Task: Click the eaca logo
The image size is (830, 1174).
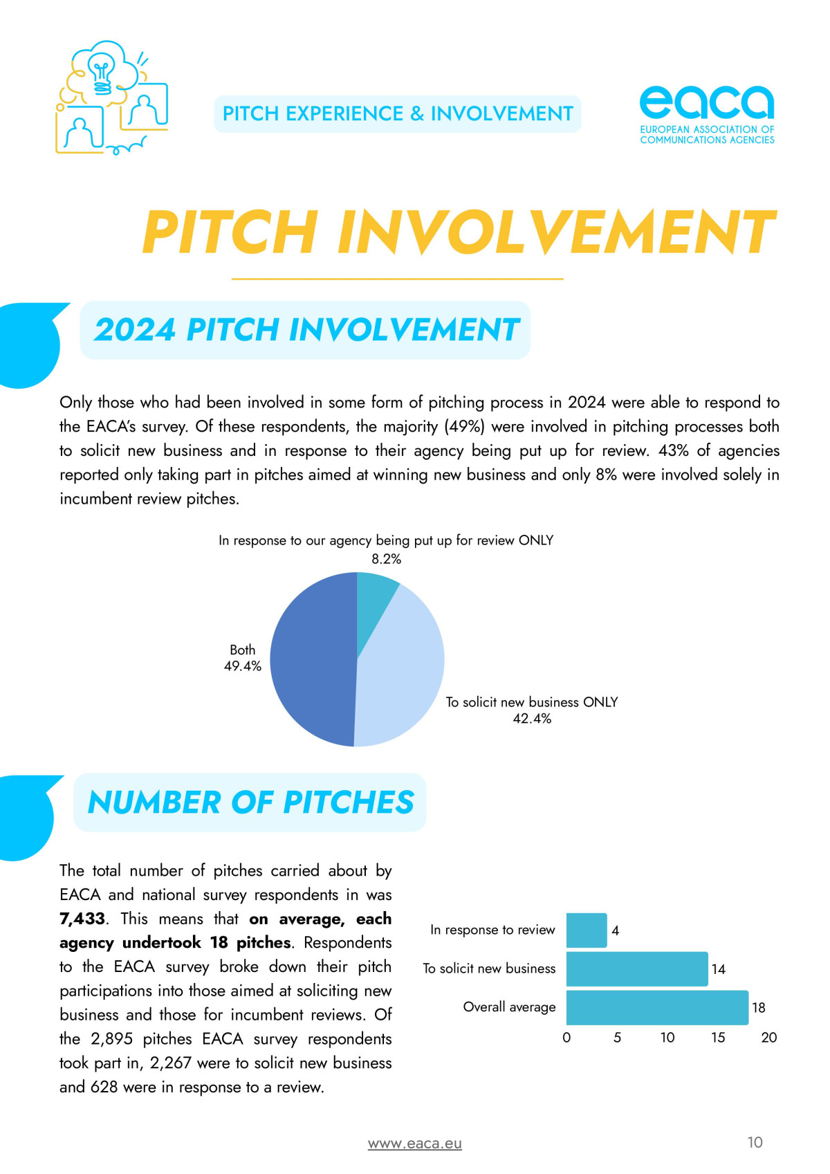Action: [706, 114]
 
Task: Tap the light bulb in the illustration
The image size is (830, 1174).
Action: [102, 70]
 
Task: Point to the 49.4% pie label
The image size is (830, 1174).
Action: [242, 666]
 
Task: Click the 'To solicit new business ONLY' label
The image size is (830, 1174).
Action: [531, 702]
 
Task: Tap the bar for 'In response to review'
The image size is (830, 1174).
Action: [586, 930]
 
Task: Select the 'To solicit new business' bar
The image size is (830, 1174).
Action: [636, 969]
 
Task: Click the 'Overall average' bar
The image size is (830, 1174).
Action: [656, 1007]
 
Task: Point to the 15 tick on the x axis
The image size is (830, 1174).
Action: [718, 1038]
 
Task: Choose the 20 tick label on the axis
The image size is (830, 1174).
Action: [768, 1038]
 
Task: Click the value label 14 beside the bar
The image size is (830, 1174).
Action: [719, 969]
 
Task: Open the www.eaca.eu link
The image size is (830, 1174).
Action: [414, 1144]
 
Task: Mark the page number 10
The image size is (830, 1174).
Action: [755, 1142]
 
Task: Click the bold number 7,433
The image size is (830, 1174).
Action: [82, 919]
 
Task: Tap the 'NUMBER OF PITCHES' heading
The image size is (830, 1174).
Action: [250, 802]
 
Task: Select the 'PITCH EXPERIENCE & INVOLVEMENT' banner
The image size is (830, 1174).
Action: [398, 114]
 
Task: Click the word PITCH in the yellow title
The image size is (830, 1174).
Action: [230, 232]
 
